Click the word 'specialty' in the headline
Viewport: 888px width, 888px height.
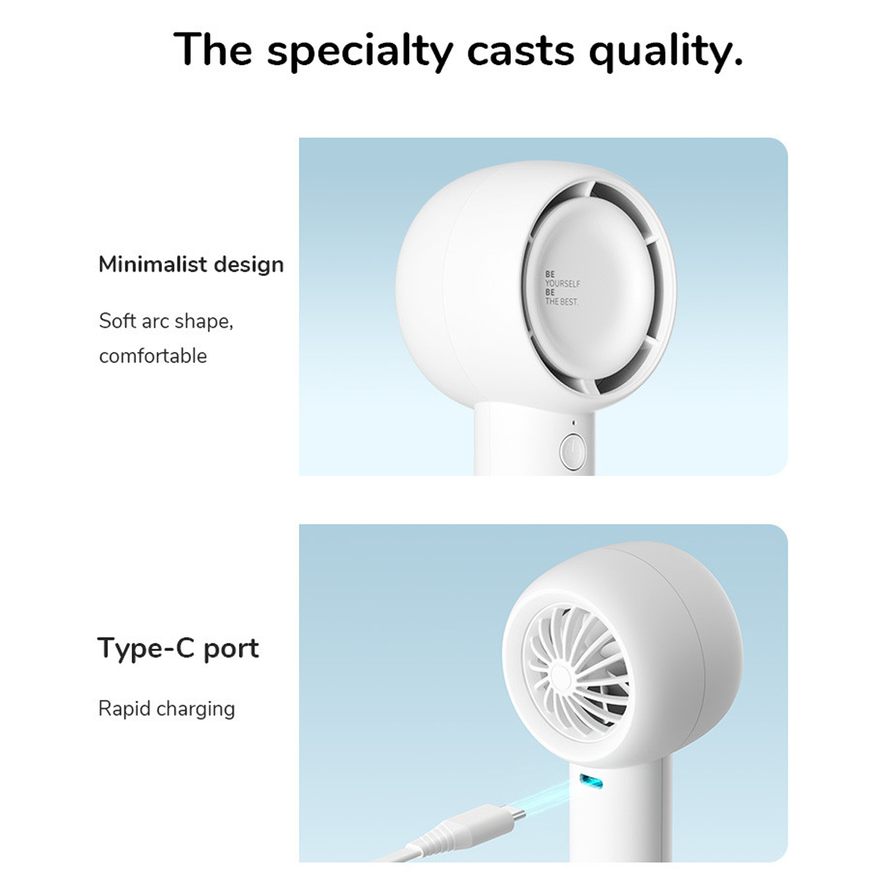[360, 51]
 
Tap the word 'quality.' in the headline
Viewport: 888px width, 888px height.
[666, 51]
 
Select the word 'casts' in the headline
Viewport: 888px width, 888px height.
[521, 50]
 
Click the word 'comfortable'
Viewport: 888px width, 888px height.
[153, 356]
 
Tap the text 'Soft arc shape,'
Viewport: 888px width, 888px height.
[166, 321]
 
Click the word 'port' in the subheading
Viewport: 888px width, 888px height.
[232, 649]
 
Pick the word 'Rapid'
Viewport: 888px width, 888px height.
[124, 709]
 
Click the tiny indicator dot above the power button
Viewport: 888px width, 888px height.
[573, 423]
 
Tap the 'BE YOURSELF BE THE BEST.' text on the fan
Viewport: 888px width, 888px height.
[562, 288]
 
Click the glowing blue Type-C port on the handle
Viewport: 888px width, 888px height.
[591, 781]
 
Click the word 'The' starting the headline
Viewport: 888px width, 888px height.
[212, 49]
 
